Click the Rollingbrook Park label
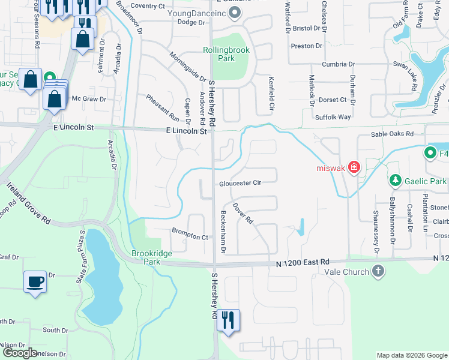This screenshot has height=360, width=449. point(226,54)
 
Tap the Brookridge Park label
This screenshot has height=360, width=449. point(152,258)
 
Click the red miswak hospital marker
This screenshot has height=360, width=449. point(354,167)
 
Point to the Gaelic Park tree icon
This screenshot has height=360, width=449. point(395,180)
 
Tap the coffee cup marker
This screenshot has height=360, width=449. point(35,281)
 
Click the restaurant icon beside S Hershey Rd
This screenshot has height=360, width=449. point(228,320)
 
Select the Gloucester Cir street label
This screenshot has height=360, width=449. point(240,183)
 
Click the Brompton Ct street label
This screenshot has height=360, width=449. point(190,236)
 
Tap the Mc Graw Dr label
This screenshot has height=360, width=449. point(89,99)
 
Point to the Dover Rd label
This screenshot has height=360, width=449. point(245,212)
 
